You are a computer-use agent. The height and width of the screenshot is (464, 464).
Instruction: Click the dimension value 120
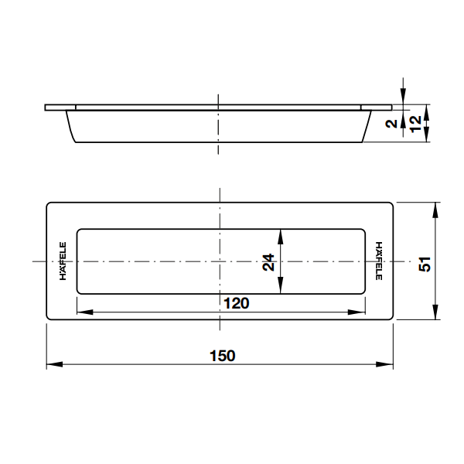pos(236,303)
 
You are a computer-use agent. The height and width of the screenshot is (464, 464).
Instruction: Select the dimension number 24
pos(268,262)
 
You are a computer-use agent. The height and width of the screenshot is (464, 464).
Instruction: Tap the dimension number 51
pos(424,262)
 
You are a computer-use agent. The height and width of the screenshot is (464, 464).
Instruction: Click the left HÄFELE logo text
pos(63,262)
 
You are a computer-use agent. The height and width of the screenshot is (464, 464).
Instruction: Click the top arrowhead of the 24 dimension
pos(280,234)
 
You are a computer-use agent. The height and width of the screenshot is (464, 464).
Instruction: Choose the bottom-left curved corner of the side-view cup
pos(76,138)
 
